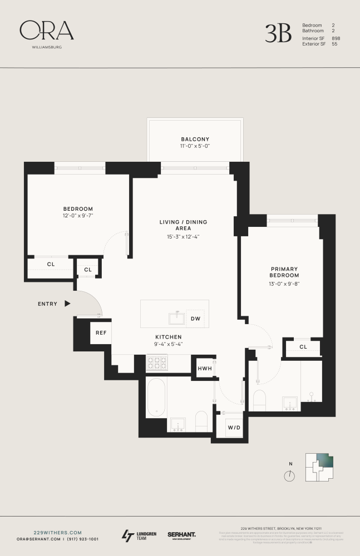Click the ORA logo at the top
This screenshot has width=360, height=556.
tap(47, 31)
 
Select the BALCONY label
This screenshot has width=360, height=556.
tap(195, 139)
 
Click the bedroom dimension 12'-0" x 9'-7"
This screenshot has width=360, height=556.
tap(78, 215)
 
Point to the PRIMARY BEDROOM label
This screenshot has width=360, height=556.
tap(284, 272)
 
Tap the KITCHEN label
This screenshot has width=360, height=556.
tap(168, 337)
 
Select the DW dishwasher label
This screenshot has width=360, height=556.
tap(195, 319)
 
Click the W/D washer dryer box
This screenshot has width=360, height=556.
tap(233, 428)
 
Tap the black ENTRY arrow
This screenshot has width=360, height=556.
tap(67, 304)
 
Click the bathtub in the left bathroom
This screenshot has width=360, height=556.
tap(156, 398)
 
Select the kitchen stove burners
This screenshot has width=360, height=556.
tap(157, 364)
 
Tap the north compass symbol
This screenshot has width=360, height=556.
tap(289, 476)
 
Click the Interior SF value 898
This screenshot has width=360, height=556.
tap(336, 38)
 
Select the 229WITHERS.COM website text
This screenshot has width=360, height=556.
tap(50, 532)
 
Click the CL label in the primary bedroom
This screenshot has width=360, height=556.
tap(303, 347)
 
